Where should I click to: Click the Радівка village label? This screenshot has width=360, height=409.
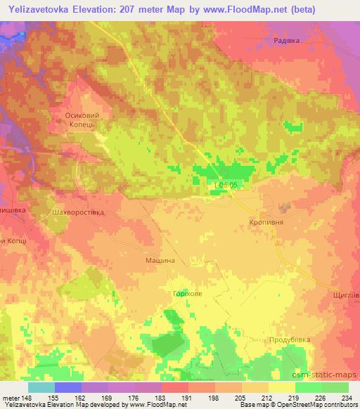[286, 41]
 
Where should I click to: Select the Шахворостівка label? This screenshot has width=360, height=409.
[79, 212]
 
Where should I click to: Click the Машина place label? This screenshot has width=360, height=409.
[160, 260]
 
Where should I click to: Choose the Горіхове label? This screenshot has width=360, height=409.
[188, 294]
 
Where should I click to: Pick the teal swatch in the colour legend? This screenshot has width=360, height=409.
[41, 387]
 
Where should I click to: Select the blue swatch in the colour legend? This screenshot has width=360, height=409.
[68, 387]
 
